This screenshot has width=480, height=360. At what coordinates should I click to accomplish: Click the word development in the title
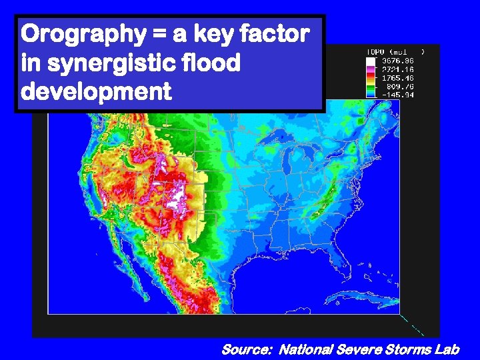96,91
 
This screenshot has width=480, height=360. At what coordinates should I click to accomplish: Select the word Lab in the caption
445,349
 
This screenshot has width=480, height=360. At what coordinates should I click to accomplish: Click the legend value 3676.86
399,60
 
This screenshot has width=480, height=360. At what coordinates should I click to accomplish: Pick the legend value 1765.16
399,77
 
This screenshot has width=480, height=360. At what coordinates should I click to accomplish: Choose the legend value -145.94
399,95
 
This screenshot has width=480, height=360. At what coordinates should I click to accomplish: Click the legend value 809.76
401,86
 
